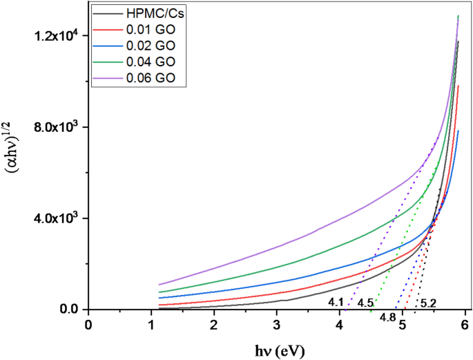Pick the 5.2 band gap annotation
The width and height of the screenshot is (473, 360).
428,303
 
